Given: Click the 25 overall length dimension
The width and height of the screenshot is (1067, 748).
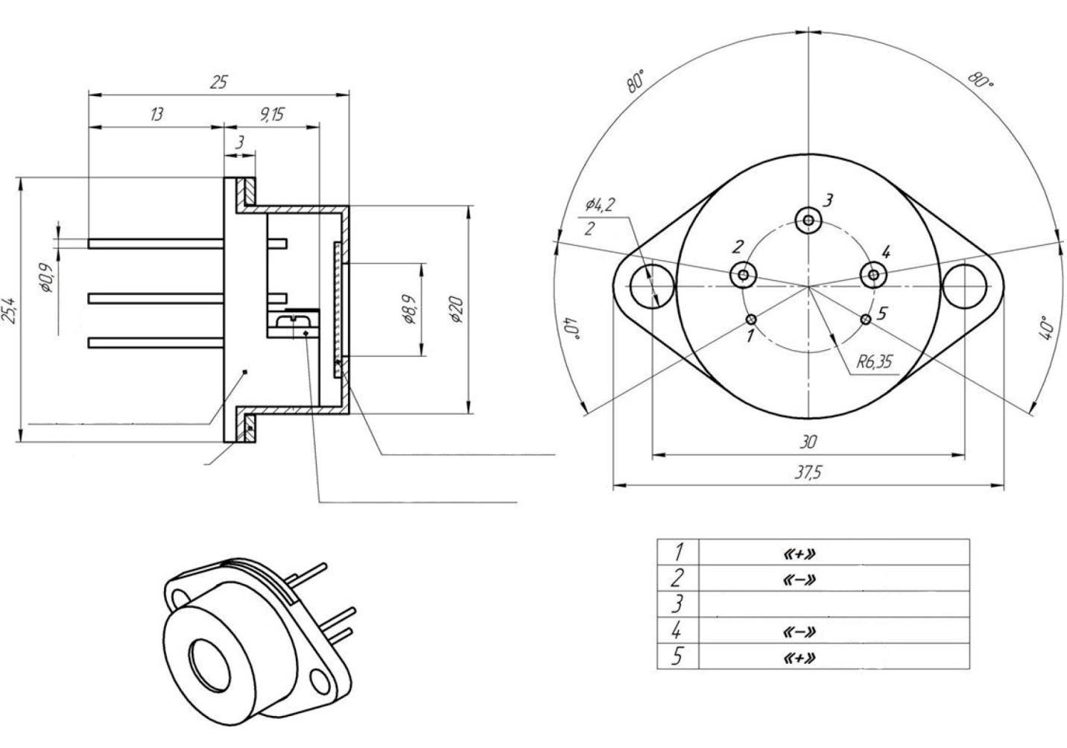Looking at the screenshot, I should (x=218, y=82).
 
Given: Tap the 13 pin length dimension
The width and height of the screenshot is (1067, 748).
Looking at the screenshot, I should (x=156, y=115).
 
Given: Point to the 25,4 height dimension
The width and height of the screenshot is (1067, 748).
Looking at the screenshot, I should (x=9, y=308).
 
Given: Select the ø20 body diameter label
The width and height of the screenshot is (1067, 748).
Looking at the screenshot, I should (x=456, y=308).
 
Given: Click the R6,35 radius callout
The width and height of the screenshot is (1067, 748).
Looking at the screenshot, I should (x=873, y=363).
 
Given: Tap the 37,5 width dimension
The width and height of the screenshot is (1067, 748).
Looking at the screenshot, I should (x=808, y=473).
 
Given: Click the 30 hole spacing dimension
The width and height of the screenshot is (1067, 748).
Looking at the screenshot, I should (x=808, y=442).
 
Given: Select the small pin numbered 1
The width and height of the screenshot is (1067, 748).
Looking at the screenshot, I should (x=751, y=320).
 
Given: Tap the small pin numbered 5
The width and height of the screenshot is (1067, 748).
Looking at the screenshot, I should (x=866, y=320).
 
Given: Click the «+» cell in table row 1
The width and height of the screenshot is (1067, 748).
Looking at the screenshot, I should (x=797, y=554).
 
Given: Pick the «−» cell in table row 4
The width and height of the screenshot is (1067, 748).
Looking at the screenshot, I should (x=797, y=632).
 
